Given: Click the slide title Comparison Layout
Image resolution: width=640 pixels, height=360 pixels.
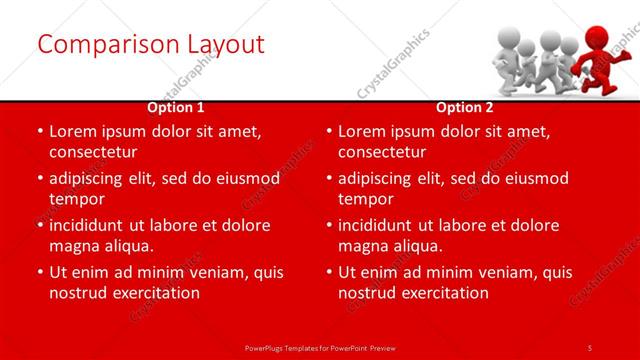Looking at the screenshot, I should click(x=150, y=44).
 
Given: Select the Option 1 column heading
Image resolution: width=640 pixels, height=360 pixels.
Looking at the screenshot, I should click(x=176, y=107).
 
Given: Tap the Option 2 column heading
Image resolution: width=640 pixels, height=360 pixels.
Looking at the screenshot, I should click(x=465, y=107).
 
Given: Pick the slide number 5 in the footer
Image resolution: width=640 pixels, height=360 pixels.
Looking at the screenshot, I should click(x=590, y=347).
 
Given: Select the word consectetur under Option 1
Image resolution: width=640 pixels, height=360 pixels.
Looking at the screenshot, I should click(x=93, y=152).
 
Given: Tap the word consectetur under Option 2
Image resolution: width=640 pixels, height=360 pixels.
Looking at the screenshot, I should click(x=382, y=152).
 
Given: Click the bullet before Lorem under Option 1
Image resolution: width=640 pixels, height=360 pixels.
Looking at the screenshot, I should click(x=39, y=131).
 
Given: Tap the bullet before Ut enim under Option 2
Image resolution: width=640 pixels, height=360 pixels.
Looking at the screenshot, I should click(x=329, y=272).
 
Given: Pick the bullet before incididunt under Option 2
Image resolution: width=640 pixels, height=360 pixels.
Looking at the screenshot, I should click(x=329, y=225).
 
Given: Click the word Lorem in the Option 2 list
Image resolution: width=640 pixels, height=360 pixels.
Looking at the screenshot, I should click(x=364, y=131).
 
